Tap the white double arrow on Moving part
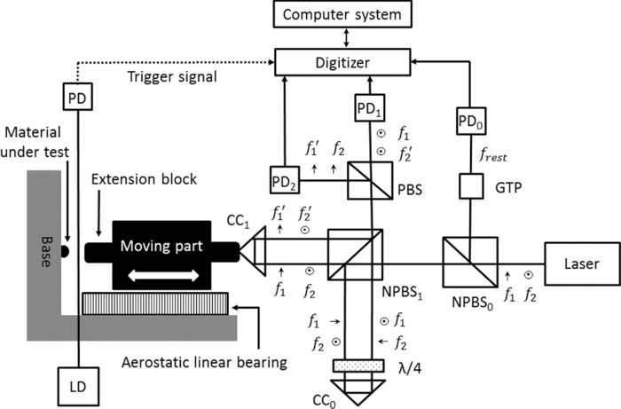click(156, 276)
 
